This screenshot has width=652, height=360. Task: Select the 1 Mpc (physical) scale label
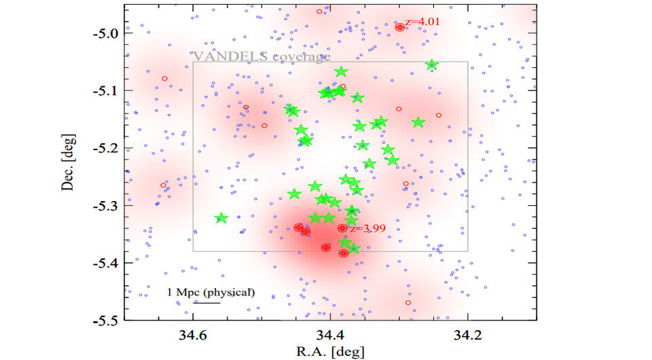211,293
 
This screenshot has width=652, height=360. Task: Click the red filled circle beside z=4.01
400,27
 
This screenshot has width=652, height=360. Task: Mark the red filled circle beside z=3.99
342,228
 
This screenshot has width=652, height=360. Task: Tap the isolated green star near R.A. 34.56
221,218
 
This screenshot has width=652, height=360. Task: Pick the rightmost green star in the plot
432,65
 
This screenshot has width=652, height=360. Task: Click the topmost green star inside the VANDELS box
341,72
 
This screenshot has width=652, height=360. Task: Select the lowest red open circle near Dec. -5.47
408,302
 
